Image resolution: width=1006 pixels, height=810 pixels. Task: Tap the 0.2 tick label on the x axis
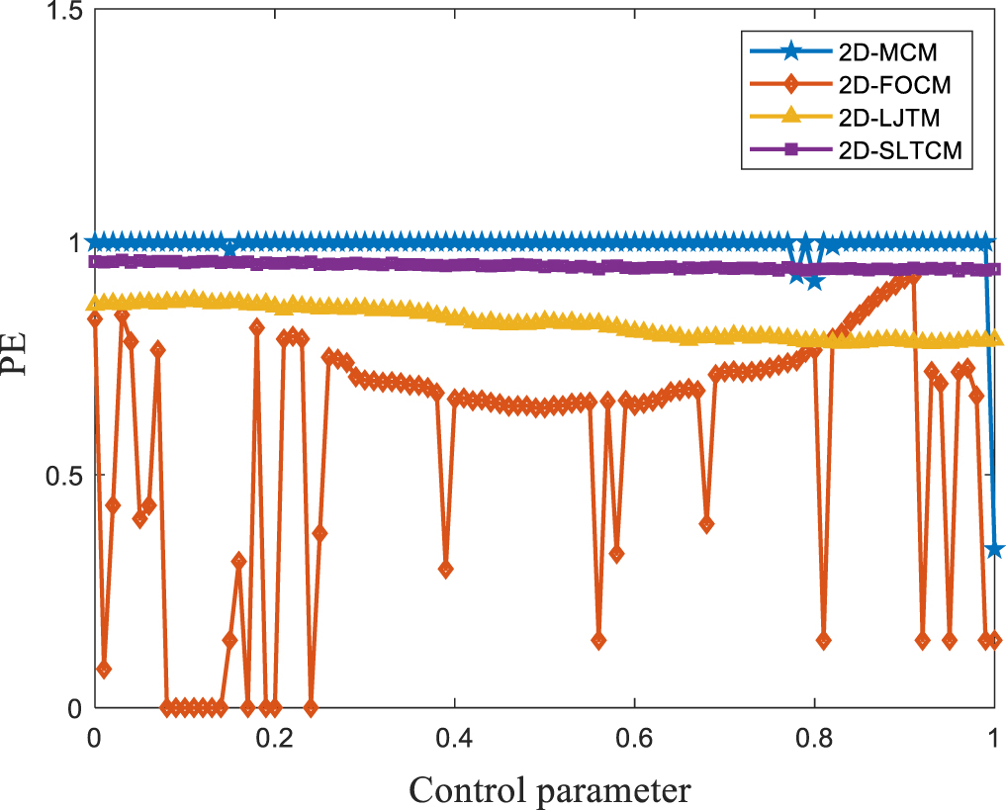274,737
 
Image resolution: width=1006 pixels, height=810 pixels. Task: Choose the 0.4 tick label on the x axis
454,737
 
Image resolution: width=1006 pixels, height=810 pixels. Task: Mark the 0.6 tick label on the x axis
634,737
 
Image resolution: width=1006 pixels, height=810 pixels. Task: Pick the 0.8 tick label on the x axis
814,737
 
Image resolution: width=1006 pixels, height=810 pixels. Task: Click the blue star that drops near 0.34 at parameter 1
994,550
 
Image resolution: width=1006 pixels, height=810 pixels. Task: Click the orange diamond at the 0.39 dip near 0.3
445,570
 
